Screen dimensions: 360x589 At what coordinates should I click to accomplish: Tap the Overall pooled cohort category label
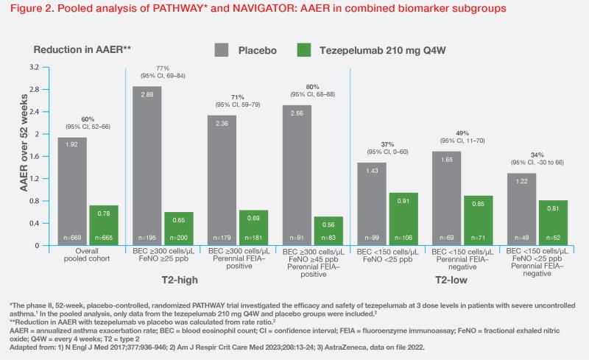(x=88, y=257)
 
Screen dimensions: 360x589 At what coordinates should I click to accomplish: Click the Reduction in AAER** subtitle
(x=82, y=49)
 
